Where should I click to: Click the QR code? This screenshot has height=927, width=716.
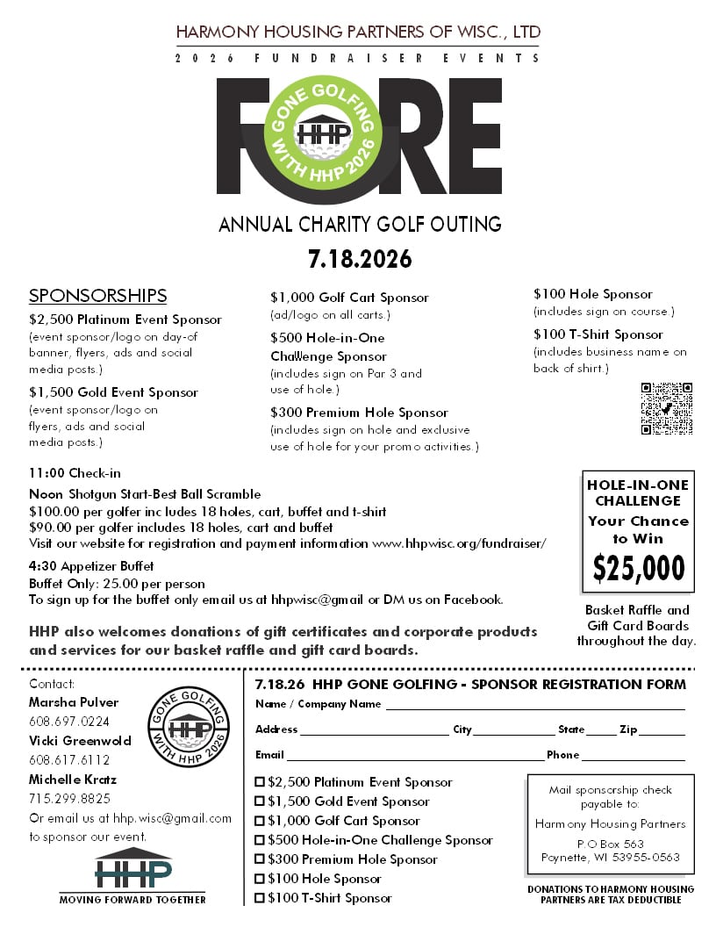(666, 408)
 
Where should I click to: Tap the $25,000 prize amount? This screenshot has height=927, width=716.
(638, 569)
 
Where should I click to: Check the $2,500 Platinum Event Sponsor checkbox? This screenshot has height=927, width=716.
(260, 782)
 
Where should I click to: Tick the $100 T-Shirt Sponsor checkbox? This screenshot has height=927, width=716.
(260, 898)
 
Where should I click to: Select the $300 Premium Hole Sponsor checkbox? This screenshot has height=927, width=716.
(260, 859)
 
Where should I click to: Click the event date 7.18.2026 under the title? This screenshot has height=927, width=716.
(359, 260)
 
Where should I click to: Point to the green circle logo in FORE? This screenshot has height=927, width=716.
(324, 133)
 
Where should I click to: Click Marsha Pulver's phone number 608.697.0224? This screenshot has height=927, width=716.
(69, 722)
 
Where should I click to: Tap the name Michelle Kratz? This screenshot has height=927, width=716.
(73, 780)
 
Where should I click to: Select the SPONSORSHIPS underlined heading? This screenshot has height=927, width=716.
(97, 296)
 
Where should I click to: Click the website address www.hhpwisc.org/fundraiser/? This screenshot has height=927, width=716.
(459, 543)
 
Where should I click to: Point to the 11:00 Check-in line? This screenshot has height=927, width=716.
(75, 474)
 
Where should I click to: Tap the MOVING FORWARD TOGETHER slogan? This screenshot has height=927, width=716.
(132, 900)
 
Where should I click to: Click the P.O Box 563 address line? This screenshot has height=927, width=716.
(610, 844)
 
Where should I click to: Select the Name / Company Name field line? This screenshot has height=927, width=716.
(534, 707)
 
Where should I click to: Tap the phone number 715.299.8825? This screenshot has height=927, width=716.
(69, 799)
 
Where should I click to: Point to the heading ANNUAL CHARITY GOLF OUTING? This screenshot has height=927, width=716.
(360, 224)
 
